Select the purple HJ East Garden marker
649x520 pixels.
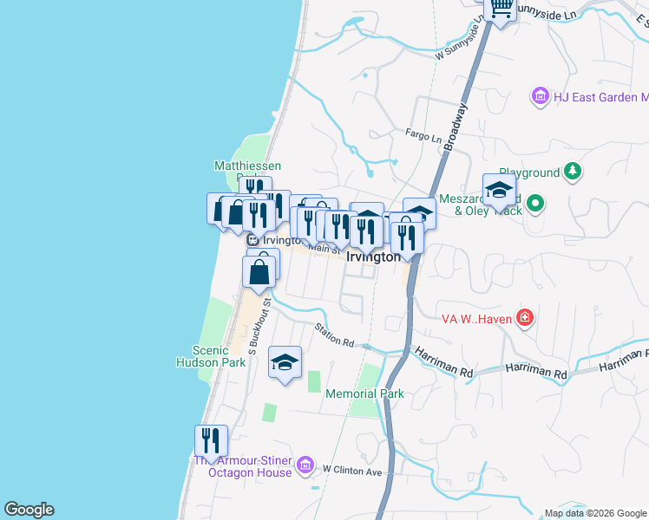pos(541,95)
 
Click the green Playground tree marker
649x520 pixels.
pos(572,172)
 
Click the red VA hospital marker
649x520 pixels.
pos(524,318)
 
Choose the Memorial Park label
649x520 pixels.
pos(364,393)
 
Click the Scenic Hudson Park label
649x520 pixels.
pos(209,356)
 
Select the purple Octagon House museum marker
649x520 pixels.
pos(305,466)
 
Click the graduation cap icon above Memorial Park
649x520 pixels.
pos(284,362)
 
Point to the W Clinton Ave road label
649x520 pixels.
pos(352,471)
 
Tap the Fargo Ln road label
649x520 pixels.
pos(424,136)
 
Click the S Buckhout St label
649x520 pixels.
pos(254,326)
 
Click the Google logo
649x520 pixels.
pos(29,510)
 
